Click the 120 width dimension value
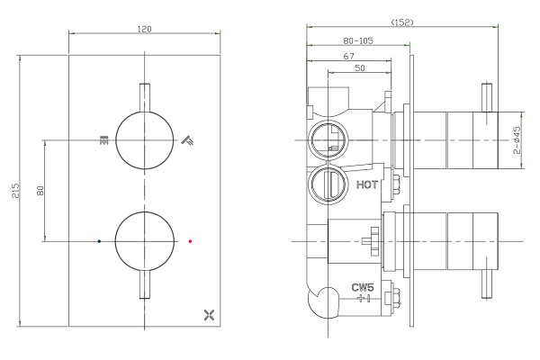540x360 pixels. click(145, 29)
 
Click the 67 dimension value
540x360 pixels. click(347, 55)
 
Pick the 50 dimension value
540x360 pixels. click(359, 68)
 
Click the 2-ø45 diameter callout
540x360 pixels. click(517, 141)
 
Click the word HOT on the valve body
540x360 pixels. click(367, 185)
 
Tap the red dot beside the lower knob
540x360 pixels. click(190, 241)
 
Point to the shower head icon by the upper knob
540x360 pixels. click(187, 139)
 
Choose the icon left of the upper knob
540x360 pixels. click(104, 139)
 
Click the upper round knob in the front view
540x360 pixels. click(145, 140)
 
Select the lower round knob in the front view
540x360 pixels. click(145, 240)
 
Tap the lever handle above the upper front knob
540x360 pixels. click(145, 97)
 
